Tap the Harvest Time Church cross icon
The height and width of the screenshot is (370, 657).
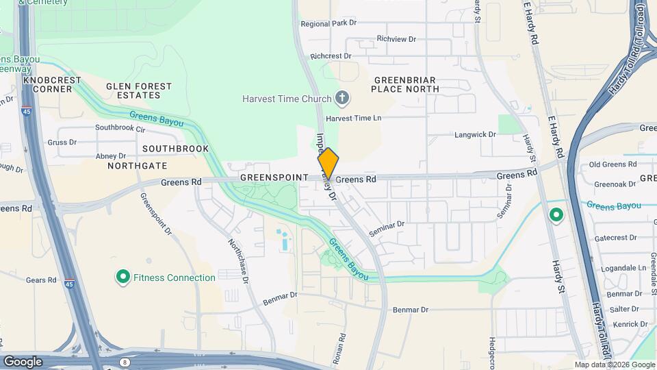(x=343, y=99)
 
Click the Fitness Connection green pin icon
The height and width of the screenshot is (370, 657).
(x=123, y=277)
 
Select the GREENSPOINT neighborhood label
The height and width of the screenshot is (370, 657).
(x=274, y=177)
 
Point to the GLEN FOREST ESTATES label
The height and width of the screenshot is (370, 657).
(x=139, y=90)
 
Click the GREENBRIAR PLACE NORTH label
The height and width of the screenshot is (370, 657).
(x=405, y=84)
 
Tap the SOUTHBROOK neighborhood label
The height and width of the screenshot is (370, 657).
(x=175, y=148)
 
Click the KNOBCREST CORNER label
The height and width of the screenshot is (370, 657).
(x=52, y=84)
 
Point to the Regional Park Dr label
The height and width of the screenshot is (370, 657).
(x=329, y=23)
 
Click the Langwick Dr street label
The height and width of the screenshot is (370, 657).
(x=475, y=135)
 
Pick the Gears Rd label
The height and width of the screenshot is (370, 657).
(x=41, y=280)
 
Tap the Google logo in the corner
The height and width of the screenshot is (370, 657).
(x=23, y=362)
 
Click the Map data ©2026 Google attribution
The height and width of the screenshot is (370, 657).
(x=614, y=365)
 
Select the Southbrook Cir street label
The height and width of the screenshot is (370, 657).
(x=120, y=128)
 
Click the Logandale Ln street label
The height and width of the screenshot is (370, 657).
(x=623, y=268)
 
